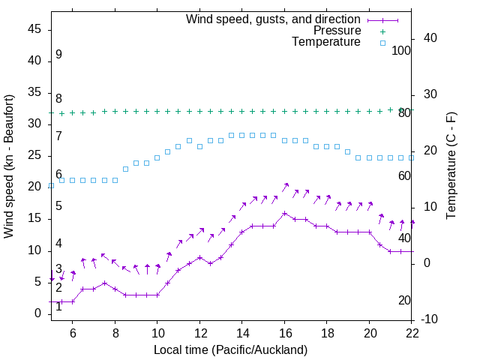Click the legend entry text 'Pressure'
(x=337, y=31)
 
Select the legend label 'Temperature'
(x=326, y=42)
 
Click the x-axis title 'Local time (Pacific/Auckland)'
(x=230, y=349)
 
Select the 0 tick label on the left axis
(x=37, y=313)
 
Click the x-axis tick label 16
(x=284, y=333)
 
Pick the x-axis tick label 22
(x=412, y=333)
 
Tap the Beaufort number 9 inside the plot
(x=58, y=55)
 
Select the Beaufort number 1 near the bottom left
(x=58, y=306)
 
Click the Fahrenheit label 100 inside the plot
(x=402, y=50)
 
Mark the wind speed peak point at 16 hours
(x=284, y=213)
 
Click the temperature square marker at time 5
(x=51, y=185)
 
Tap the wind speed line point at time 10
(x=157, y=295)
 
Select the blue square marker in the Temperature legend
(x=382, y=43)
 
